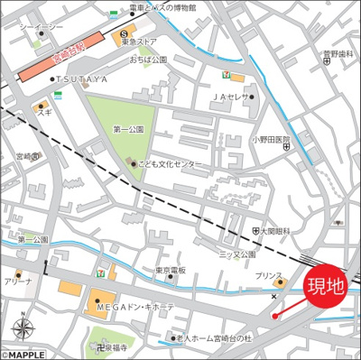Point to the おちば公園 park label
point(149,60)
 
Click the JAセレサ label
point(230,97)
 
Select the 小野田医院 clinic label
point(272,140)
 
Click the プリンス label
point(267,275)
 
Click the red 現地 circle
point(327,288)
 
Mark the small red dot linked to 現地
point(274,316)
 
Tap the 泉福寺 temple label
point(113,346)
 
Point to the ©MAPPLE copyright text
point(23,354)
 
